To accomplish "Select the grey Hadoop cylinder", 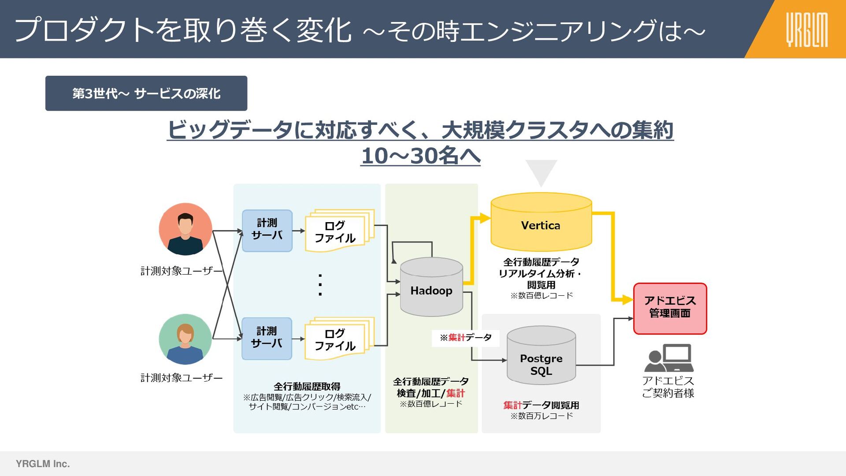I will coord(431,289).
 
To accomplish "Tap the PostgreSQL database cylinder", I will coord(541,357).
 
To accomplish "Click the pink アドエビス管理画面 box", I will coord(670,308).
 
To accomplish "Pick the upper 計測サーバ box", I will coord(267,231).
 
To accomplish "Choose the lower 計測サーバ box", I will coord(267,338).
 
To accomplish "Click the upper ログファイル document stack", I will coord(338,231).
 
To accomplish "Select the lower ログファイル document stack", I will coord(338,338).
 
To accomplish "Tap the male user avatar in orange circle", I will coord(186,229).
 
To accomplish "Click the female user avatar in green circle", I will coord(186,339).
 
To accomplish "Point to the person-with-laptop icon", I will coord(669,358).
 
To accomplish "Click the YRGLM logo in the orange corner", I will coord(807,30).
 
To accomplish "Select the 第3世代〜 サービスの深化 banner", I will coord(146,93).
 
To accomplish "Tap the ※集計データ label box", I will coord(465,338).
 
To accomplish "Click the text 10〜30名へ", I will coord(420,156).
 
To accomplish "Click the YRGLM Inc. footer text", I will coord(43,464).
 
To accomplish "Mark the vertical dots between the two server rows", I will coord(320,285).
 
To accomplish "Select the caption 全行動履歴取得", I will coord(307,387).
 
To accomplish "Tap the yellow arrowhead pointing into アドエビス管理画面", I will coord(627,300).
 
